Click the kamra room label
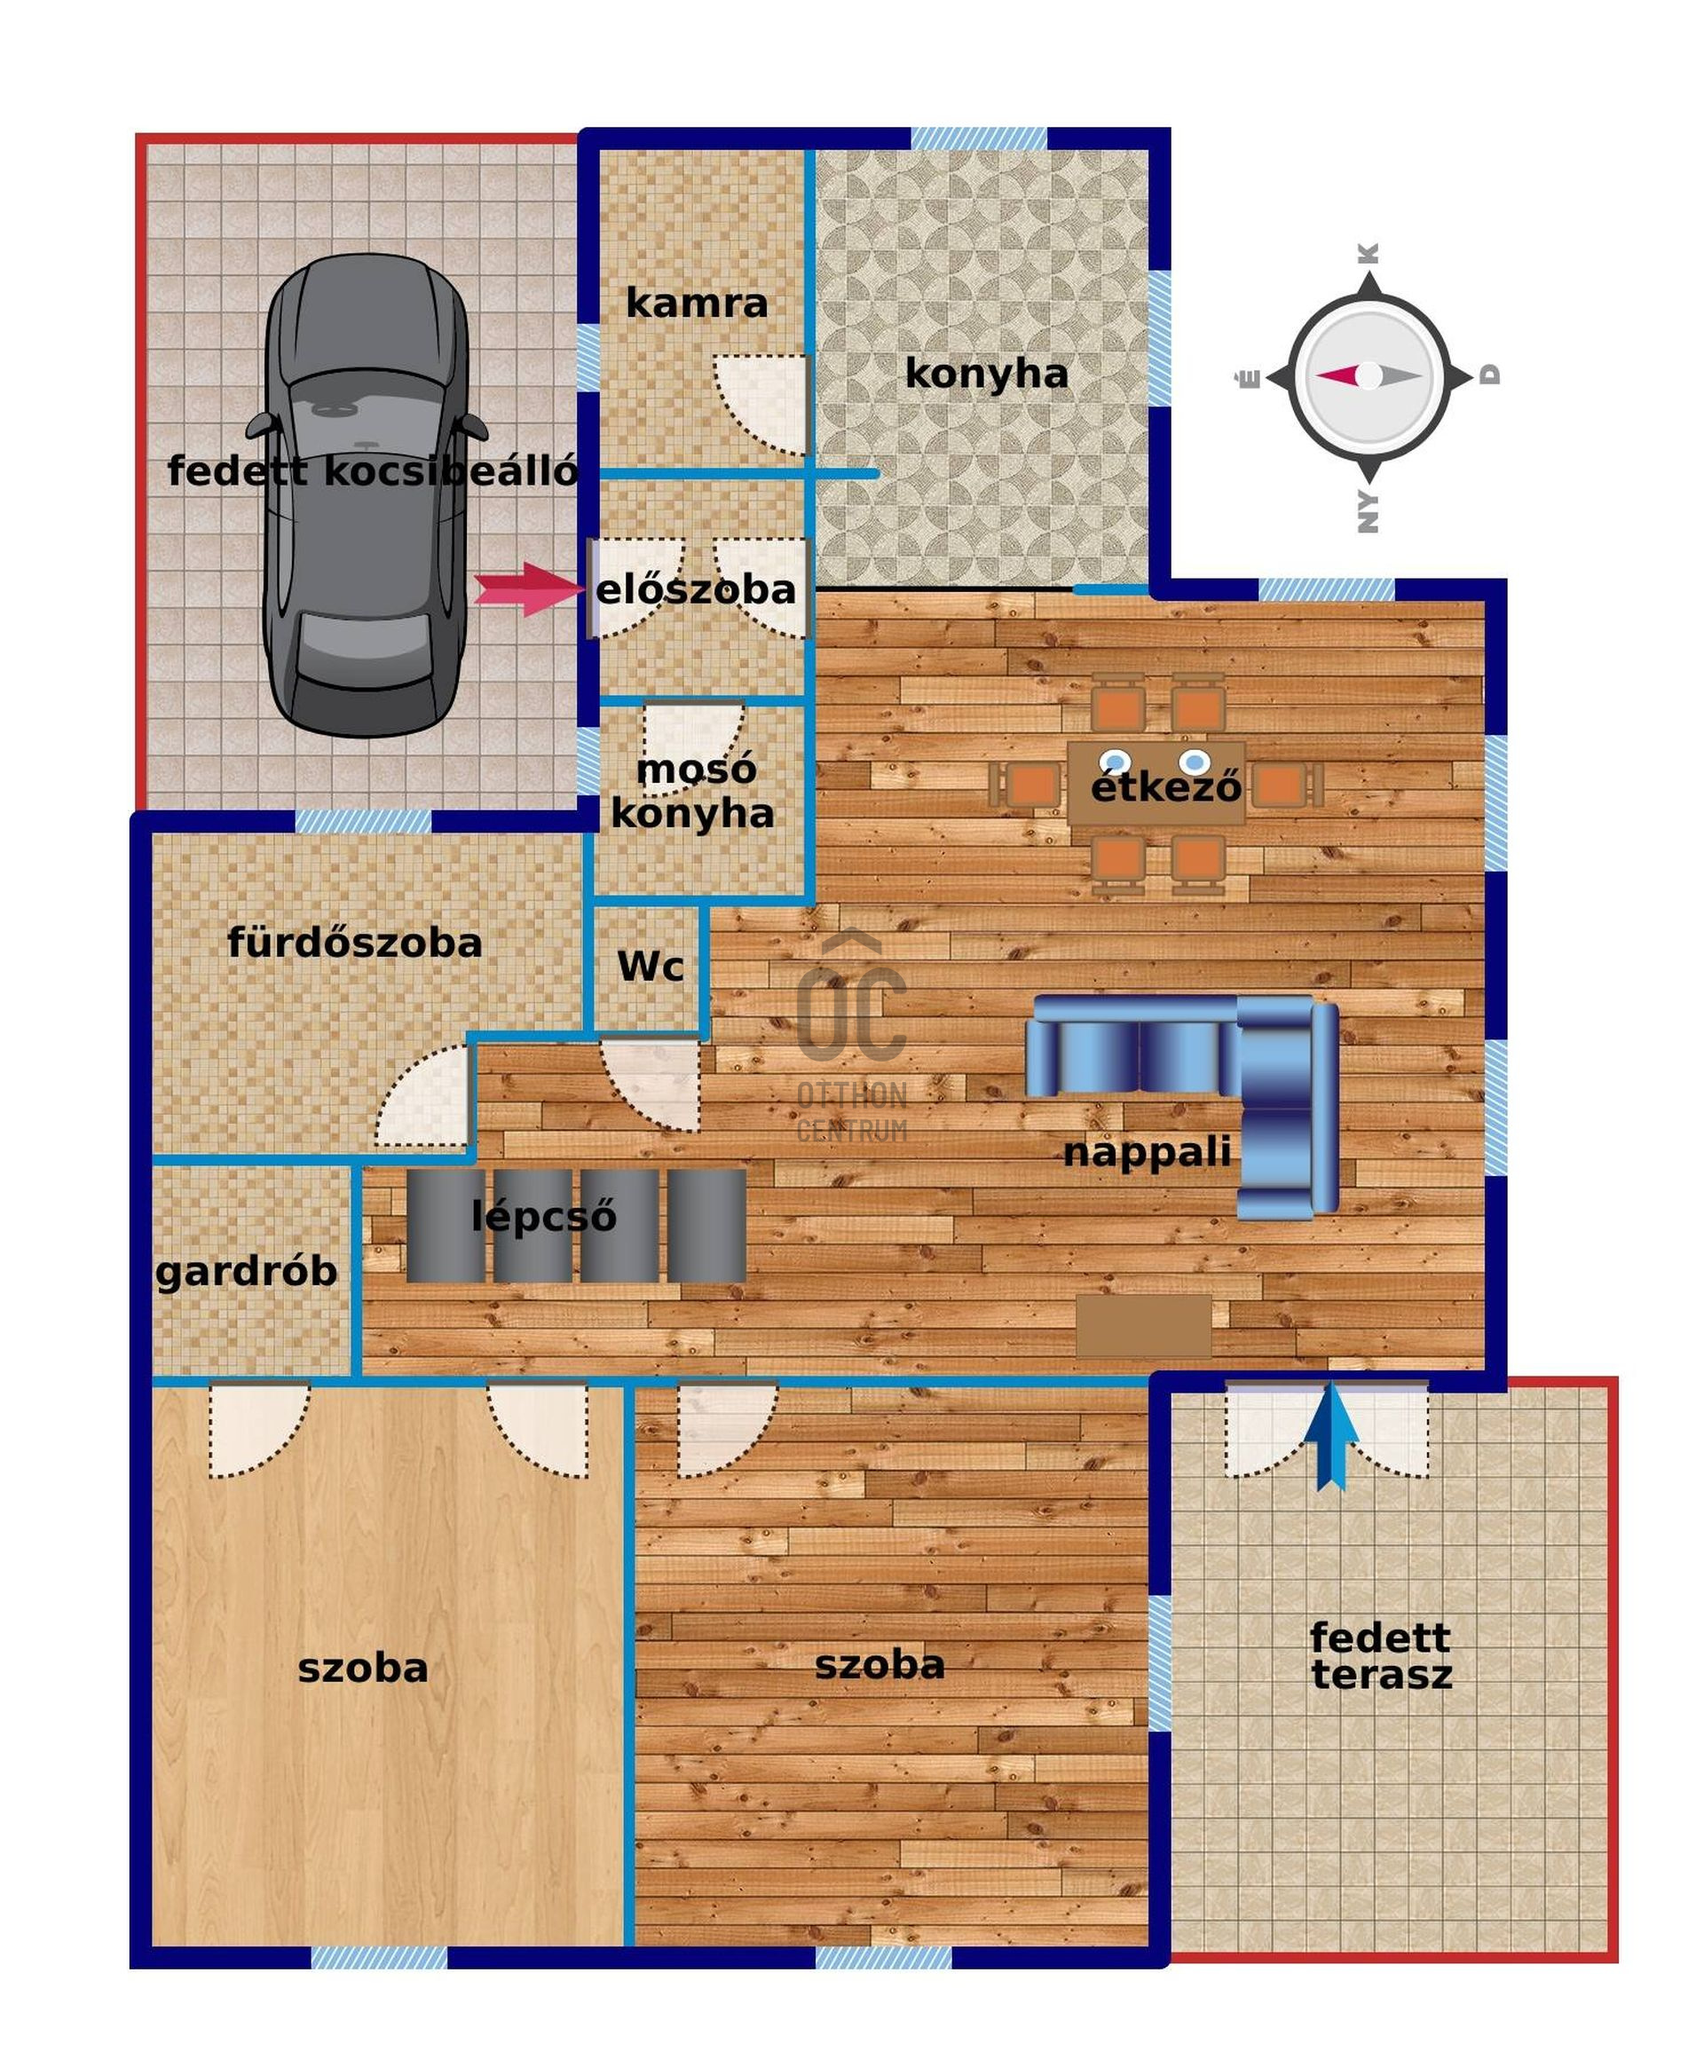click(696, 304)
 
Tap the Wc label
click(650, 967)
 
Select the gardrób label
click(247, 1272)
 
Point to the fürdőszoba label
click(354, 943)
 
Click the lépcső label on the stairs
click(544, 1217)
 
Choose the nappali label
click(1147, 1152)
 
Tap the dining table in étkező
click(1156, 783)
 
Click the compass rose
click(1369, 377)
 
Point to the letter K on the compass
click(1369, 253)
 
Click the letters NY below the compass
click(1369, 511)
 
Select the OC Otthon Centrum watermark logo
click(852, 1037)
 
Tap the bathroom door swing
click(422, 1095)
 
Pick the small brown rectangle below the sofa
click(1143, 1325)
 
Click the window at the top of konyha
click(979, 138)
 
